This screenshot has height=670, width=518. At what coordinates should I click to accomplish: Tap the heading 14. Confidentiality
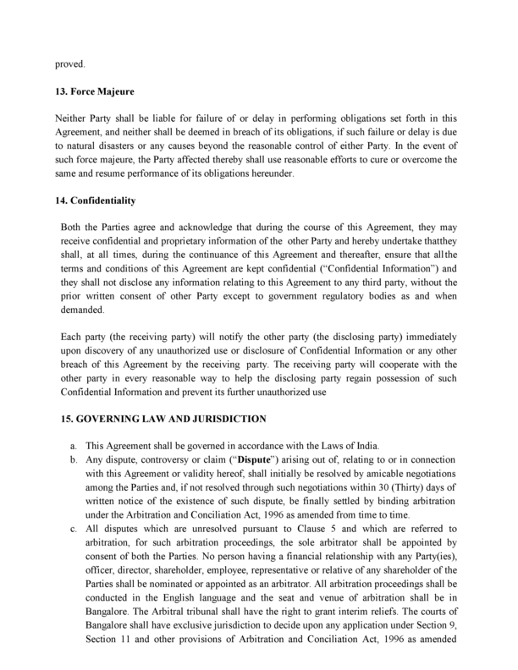pos(96,202)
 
